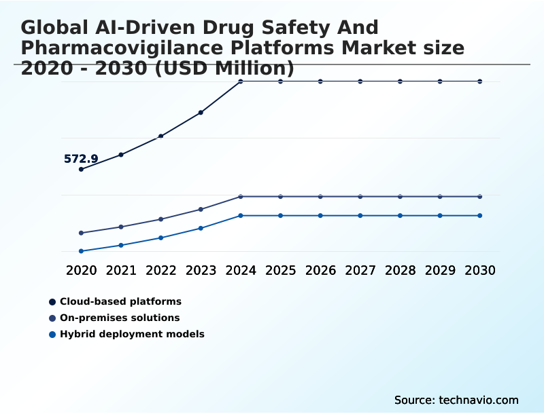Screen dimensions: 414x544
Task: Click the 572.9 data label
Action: pos(81,159)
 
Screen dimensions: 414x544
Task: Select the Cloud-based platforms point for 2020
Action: pos(82,169)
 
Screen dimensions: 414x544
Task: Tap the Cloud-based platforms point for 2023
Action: pos(201,113)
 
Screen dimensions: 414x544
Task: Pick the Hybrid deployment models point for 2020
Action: pos(82,251)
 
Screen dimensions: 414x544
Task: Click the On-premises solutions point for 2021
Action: pos(121,227)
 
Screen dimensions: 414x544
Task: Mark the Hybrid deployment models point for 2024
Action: pos(241,216)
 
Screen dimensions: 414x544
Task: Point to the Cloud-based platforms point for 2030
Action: pos(480,81)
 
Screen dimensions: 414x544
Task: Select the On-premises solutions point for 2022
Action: pos(161,219)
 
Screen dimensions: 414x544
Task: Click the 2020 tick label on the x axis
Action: pos(82,271)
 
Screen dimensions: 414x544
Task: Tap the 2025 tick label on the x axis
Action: pos(280,271)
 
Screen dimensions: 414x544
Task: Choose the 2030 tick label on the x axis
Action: pos(480,271)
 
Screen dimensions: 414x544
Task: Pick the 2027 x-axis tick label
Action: pos(360,271)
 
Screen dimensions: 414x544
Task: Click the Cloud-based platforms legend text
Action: pos(120,301)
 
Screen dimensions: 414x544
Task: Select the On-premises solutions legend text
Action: pos(120,318)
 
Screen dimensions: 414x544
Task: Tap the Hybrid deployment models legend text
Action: pos(132,334)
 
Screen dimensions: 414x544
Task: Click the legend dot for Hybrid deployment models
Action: pos(52,334)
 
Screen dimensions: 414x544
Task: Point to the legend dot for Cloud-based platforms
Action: pos(52,301)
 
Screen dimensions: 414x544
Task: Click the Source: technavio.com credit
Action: pos(456,400)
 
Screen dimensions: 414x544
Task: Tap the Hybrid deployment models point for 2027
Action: pos(360,216)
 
